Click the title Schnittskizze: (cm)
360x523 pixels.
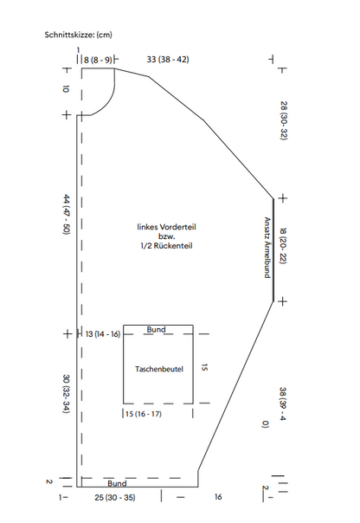(79, 35)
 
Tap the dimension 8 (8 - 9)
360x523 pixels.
(98, 61)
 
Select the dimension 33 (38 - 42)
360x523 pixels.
(168, 60)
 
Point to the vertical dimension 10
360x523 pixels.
(66, 89)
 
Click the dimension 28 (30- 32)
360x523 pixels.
(284, 120)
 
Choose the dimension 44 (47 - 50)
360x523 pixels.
(67, 215)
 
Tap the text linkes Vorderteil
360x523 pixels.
(166, 227)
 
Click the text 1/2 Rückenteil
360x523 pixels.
(166, 246)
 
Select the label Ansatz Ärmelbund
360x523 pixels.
(267, 248)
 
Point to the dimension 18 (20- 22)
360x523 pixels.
(283, 246)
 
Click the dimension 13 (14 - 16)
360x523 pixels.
(103, 334)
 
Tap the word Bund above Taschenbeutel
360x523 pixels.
(156, 330)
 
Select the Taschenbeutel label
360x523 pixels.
(159, 369)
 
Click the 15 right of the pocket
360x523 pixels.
(205, 367)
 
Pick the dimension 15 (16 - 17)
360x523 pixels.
(144, 414)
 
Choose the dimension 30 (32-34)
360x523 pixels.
(67, 394)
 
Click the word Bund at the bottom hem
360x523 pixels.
(117, 483)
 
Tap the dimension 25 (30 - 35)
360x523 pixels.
(115, 498)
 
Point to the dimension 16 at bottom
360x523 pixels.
(218, 497)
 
